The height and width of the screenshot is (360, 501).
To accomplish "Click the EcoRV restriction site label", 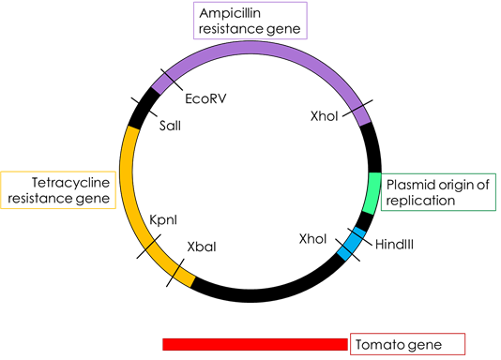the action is click(x=205, y=98).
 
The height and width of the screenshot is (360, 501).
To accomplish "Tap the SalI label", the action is click(x=170, y=126).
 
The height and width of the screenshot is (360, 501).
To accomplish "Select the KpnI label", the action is click(x=163, y=220).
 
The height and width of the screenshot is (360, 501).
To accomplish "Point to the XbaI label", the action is click(x=202, y=247).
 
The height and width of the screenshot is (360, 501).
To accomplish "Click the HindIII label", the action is click(x=394, y=245).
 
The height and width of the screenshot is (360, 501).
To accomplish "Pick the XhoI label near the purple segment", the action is click(x=324, y=116).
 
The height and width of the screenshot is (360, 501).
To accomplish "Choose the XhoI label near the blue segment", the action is click(x=312, y=239).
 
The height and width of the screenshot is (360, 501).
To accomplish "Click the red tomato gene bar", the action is click(x=255, y=344).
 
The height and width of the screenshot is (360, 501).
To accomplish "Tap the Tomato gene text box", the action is click(x=408, y=344).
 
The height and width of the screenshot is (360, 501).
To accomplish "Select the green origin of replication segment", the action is click(x=372, y=193).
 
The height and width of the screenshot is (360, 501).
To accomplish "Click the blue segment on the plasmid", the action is click(x=352, y=244).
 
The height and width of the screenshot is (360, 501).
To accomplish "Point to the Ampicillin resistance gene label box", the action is click(x=250, y=21).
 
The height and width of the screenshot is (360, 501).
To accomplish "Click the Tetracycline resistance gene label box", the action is click(x=58, y=190).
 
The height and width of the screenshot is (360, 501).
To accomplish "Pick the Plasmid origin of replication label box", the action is click(x=438, y=192).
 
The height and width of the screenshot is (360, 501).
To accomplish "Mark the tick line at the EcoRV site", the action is click(x=172, y=80).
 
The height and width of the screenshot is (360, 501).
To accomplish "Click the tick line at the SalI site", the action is click(x=144, y=107).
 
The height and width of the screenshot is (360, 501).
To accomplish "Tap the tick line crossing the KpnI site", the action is click(x=148, y=247).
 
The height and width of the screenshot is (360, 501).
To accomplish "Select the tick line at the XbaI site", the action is click(x=175, y=273).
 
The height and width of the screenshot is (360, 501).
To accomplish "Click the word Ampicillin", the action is click(x=230, y=13).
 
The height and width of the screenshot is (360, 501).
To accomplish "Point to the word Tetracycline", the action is click(x=70, y=183).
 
